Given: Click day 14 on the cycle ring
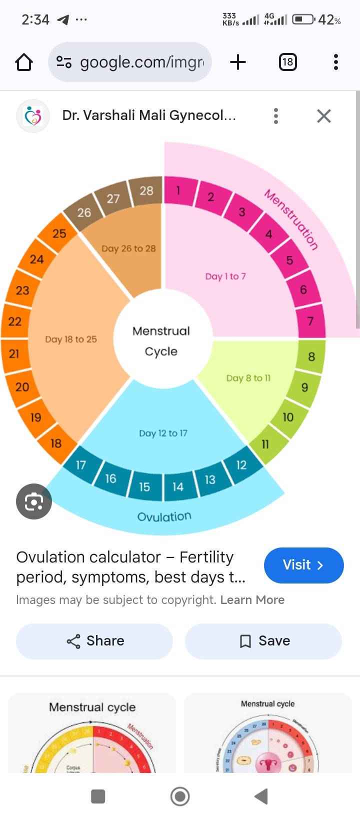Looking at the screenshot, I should pos(178,486).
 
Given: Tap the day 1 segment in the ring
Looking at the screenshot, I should pos(178,190).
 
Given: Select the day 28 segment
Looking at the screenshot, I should pos(146,190).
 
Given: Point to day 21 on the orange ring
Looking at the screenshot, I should pos(14,354).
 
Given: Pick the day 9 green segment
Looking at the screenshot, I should pos(304,387).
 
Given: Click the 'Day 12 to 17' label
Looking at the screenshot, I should pos(163,433).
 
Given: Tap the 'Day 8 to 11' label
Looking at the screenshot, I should pos(248,378).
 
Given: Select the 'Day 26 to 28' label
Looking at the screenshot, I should pos(128,248).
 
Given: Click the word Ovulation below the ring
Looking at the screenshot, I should pos(164,516).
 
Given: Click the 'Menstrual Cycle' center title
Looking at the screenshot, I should pos(161,341).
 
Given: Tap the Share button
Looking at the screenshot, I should pos(94,641).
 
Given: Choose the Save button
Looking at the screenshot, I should pos(263,641).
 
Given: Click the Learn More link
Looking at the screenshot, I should pos(252,600).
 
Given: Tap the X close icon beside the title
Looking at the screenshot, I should pos(324,116).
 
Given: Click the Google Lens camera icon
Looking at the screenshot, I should pos(34,501).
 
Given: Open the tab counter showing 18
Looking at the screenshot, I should pos(287,62).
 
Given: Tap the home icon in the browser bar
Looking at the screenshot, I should pos(24,62).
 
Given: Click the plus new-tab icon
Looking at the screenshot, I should pos(238,62).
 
